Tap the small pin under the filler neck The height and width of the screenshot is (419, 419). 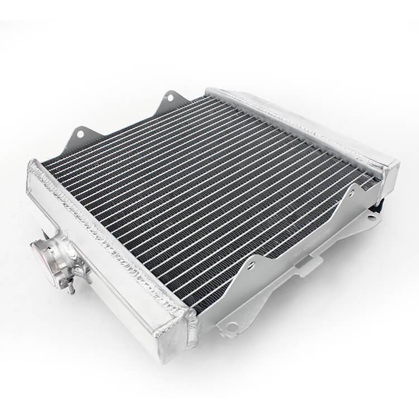tap(72, 288)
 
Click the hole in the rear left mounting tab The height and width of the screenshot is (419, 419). tap(80, 135)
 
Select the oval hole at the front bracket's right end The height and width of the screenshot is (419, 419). tap(369, 218)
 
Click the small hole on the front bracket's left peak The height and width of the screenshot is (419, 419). tap(252, 266)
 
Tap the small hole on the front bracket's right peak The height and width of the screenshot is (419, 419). tap(353, 193)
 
